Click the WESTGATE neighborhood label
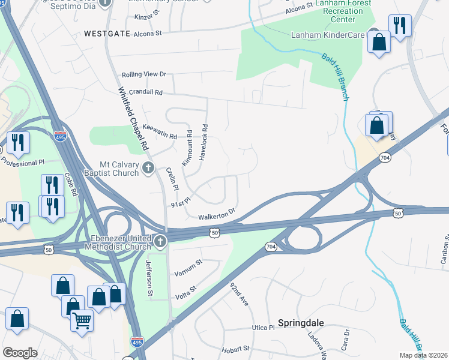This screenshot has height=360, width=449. click(x=107, y=34)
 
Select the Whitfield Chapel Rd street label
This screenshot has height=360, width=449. click(x=133, y=119)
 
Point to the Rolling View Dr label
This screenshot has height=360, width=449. click(x=143, y=74)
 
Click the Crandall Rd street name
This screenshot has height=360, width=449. click(x=142, y=92)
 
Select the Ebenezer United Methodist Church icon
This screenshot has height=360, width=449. click(x=160, y=241)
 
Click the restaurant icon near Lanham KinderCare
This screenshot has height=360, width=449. click(x=399, y=25)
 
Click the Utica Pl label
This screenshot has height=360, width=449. click(x=262, y=328)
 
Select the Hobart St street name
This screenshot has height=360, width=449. click(x=235, y=348)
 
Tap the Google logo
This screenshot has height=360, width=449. click(x=20, y=353)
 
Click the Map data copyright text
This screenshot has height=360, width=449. click(x=423, y=355)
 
